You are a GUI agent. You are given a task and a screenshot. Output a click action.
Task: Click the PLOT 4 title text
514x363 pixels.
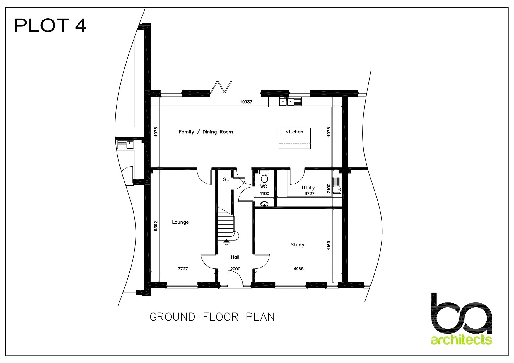50,25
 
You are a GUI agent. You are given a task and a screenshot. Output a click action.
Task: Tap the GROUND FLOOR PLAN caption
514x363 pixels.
212,317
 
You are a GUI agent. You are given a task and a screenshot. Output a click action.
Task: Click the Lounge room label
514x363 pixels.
180,222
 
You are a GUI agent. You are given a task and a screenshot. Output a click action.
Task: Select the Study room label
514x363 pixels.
297,245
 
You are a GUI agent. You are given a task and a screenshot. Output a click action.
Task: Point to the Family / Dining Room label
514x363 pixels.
206,132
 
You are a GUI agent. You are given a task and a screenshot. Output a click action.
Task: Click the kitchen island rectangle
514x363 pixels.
295,138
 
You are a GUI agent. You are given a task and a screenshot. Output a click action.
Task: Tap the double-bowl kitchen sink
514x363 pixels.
290,102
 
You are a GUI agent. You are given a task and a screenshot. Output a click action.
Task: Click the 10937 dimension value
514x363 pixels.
246,102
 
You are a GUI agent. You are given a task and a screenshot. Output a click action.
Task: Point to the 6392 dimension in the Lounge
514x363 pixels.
156,226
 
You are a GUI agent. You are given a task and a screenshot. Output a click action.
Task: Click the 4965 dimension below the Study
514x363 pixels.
298,269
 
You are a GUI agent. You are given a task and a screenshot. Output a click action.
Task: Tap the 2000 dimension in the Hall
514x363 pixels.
235,269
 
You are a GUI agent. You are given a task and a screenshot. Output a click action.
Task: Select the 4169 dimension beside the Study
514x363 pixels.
329,245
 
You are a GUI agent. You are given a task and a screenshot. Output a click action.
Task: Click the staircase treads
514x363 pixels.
226,224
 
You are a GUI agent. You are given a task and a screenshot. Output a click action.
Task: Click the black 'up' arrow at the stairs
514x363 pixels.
226,241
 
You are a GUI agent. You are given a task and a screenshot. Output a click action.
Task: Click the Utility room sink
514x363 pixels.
337,186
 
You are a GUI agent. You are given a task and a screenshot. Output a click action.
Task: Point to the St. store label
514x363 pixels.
226,180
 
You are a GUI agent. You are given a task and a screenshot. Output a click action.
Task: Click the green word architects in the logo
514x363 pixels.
461,340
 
